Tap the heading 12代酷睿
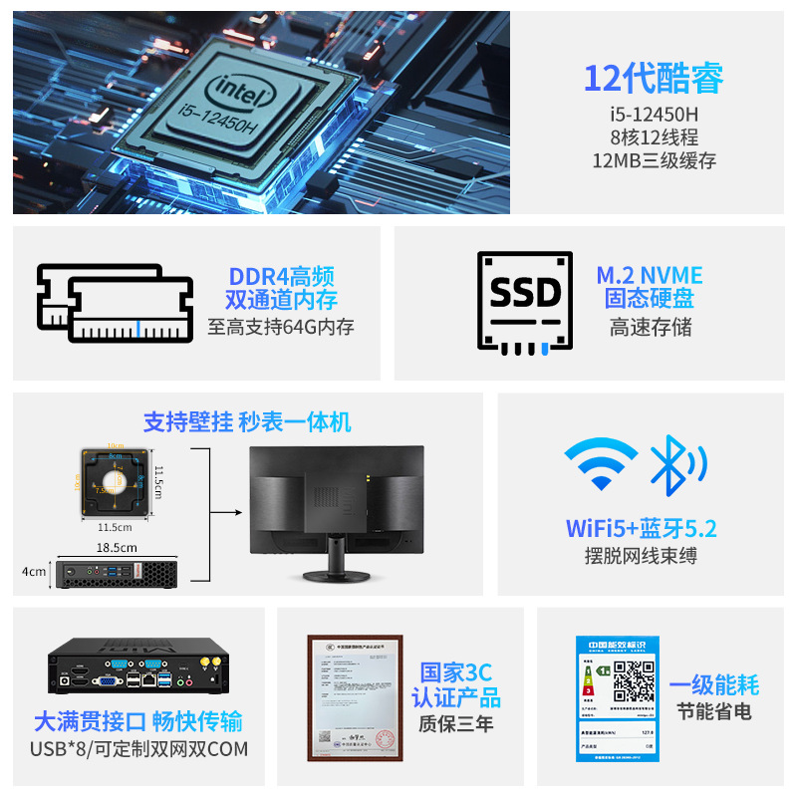pyautogui.click(x=653, y=77)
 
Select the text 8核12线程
pyautogui.click(x=654, y=137)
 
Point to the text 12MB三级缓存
pyautogui.click(x=654, y=161)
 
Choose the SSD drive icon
pyautogui.click(x=524, y=300)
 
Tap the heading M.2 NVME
pyautogui.click(x=650, y=275)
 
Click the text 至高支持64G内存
pyautogui.click(x=281, y=327)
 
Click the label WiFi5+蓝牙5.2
pyautogui.click(x=641, y=528)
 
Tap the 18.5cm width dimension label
pyautogui.click(x=117, y=547)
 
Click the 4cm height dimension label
pyautogui.click(x=34, y=571)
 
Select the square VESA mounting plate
pyautogui.click(x=116, y=481)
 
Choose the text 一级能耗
pyautogui.click(x=713, y=684)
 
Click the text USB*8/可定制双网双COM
pyautogui.click(x=138, y=748)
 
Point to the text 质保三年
pyautogui.click(x=456, y=724)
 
